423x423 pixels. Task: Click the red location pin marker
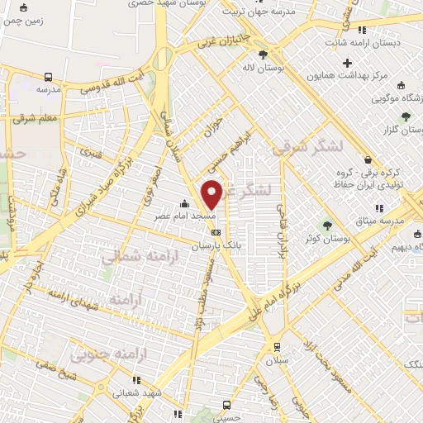(x=212, y=193)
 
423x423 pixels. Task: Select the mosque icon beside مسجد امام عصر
(x=184, y=204)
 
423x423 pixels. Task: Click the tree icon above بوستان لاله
(x=263, y=55)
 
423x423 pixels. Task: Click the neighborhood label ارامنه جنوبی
(x=102, y=356)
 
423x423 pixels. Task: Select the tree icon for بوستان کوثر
(x=327, y=225)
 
